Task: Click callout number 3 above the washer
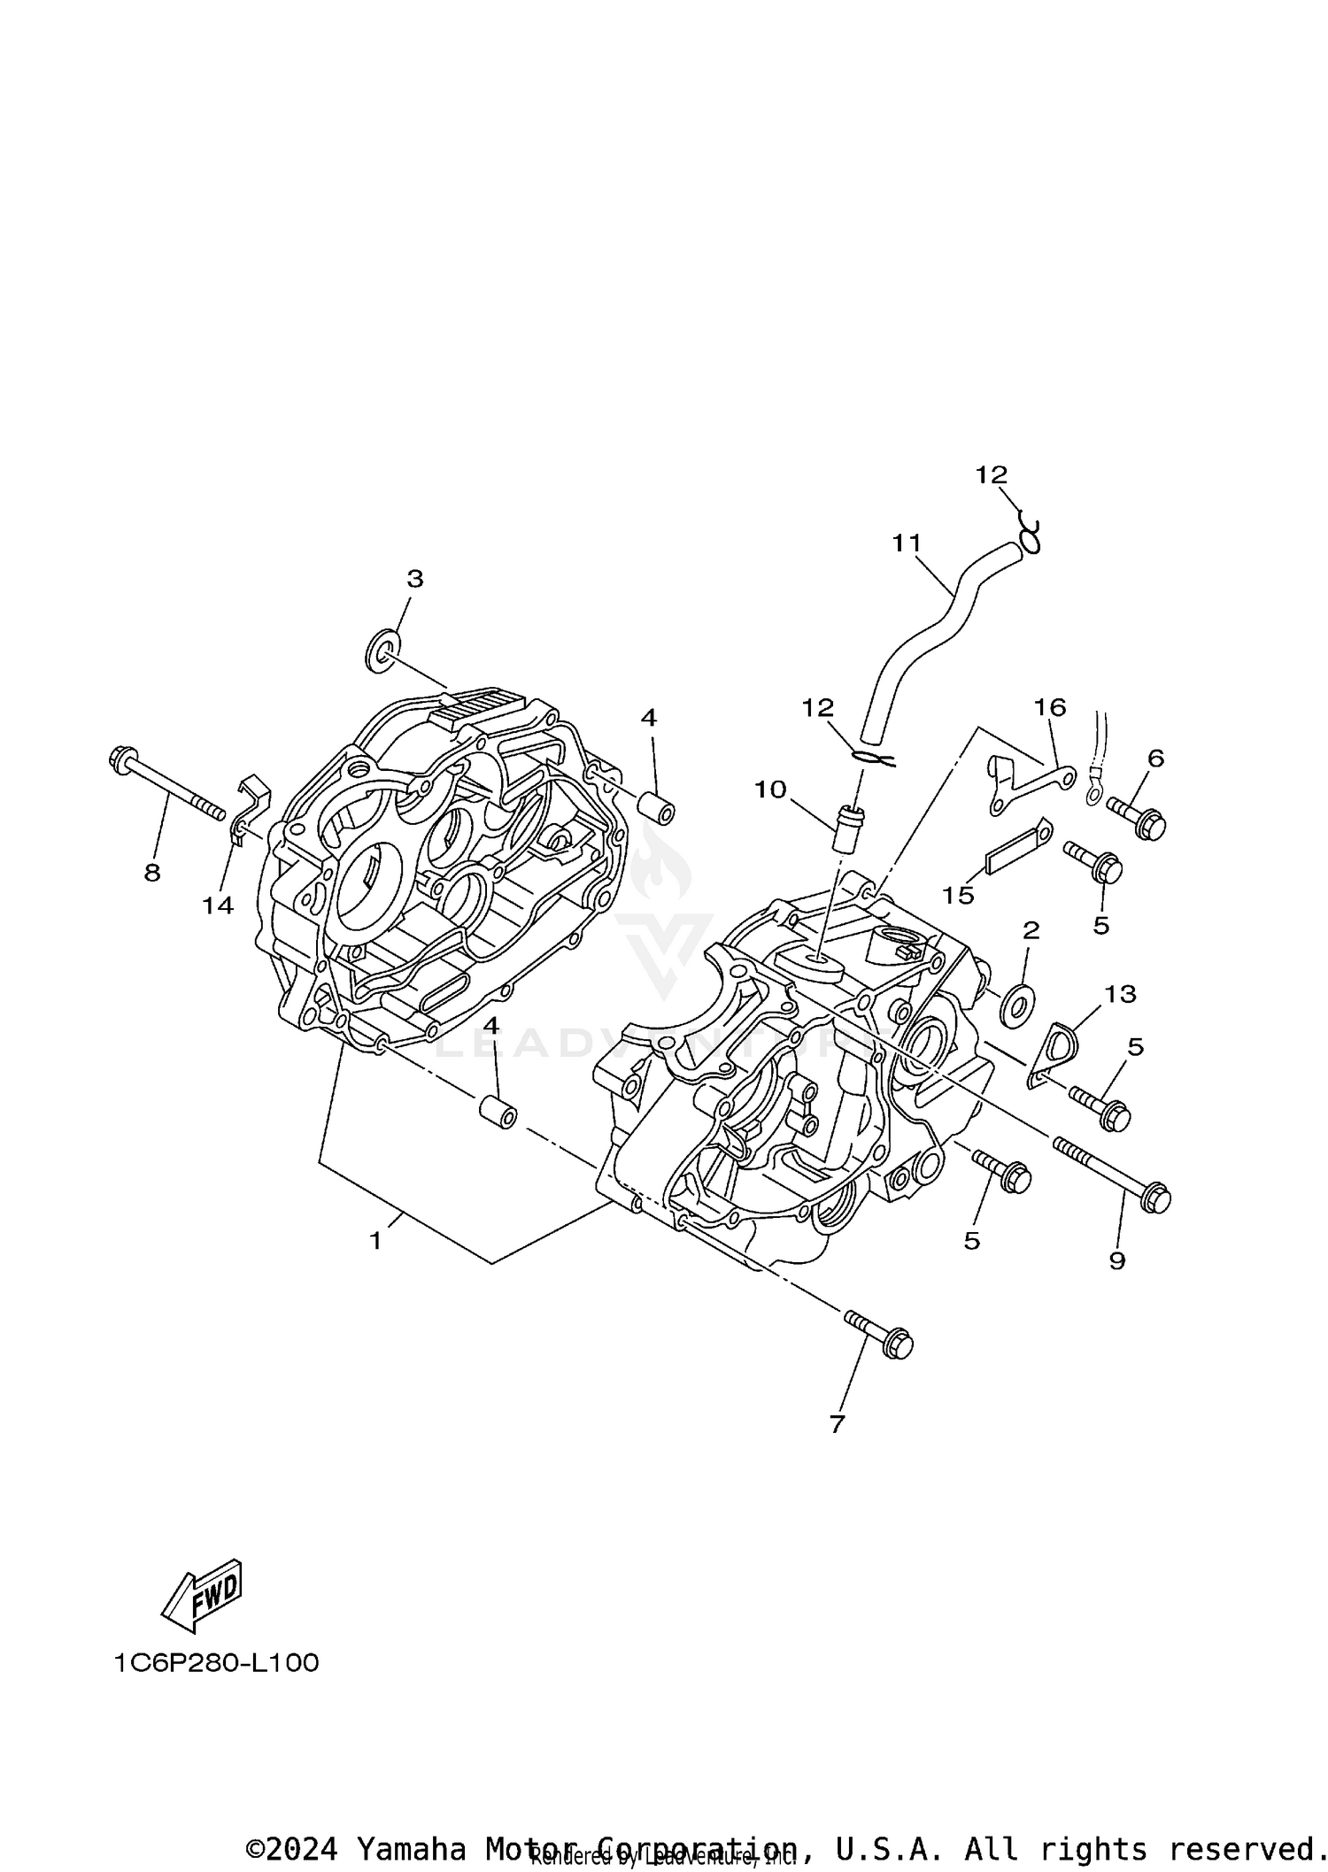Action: coord(414,579)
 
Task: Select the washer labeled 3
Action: coord(382,651)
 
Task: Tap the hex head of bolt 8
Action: coord(119,759)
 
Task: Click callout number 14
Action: coord(218,905)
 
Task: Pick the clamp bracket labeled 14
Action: coord(249,805)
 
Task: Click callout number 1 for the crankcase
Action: coord(375,1241)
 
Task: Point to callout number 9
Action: coord(1117,1260)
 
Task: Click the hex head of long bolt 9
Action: coord(1156,1199)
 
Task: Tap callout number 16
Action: coord(1050,707)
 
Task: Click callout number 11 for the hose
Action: coord(907,543)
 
